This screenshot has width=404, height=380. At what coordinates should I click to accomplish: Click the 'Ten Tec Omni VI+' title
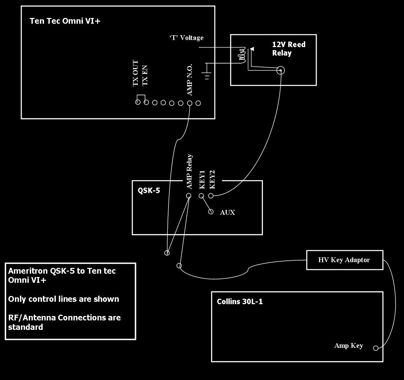(65, 21)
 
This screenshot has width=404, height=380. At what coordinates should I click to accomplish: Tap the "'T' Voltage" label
(186, 38)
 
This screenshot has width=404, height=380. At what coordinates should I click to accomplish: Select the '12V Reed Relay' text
(289, 48)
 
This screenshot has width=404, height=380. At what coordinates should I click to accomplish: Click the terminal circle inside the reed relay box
(280, 70)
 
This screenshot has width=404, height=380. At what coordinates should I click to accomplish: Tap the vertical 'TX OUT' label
(135, 73)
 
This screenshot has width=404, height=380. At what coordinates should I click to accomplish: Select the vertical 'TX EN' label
(145, 75)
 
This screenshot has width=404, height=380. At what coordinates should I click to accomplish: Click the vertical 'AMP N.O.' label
(189, 80)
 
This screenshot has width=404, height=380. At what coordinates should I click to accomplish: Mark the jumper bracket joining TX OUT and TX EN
(141, 95)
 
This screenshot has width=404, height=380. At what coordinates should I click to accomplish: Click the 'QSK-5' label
(149, 190)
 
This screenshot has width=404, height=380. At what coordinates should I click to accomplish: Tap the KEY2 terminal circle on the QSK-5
(211, 196)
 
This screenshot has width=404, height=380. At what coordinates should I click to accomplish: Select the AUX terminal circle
(211, 212)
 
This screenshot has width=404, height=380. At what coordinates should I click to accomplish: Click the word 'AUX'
(227, 212)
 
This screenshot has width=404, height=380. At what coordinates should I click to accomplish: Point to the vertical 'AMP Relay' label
(189, 172)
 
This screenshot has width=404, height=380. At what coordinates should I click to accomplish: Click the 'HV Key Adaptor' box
(345, 260)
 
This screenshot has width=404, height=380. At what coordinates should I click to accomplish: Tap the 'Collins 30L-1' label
(240, 301)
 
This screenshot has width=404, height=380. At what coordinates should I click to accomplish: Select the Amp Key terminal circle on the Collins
(376, 348)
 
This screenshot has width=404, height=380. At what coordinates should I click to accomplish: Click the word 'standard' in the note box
(25, 327)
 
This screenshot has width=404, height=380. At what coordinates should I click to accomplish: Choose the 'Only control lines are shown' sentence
(64, 299)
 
